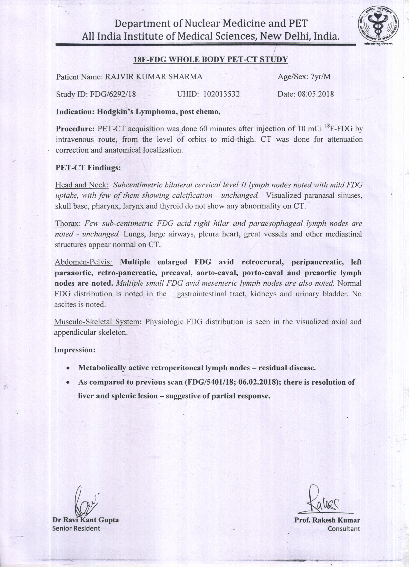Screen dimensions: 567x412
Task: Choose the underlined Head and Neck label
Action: [x=82, y=185]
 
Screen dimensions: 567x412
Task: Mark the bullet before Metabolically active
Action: [x=68, y=369]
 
